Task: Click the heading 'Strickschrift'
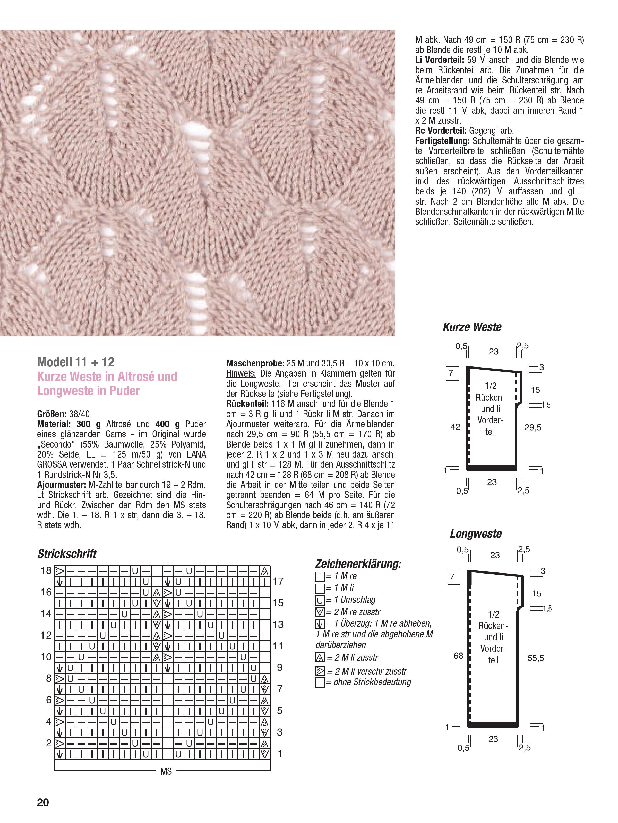click(x=67, y=554)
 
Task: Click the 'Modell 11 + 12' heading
click(x=76, y=362)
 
